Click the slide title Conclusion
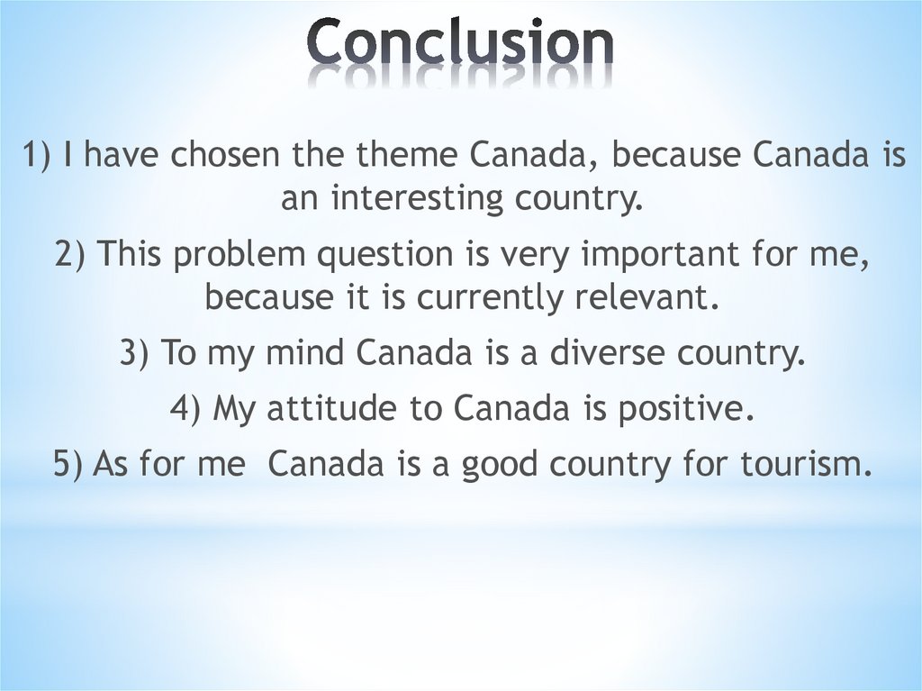[460, 41]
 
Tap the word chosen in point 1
[225, 154]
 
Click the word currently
[490, 298]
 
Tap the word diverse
[608, 352]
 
